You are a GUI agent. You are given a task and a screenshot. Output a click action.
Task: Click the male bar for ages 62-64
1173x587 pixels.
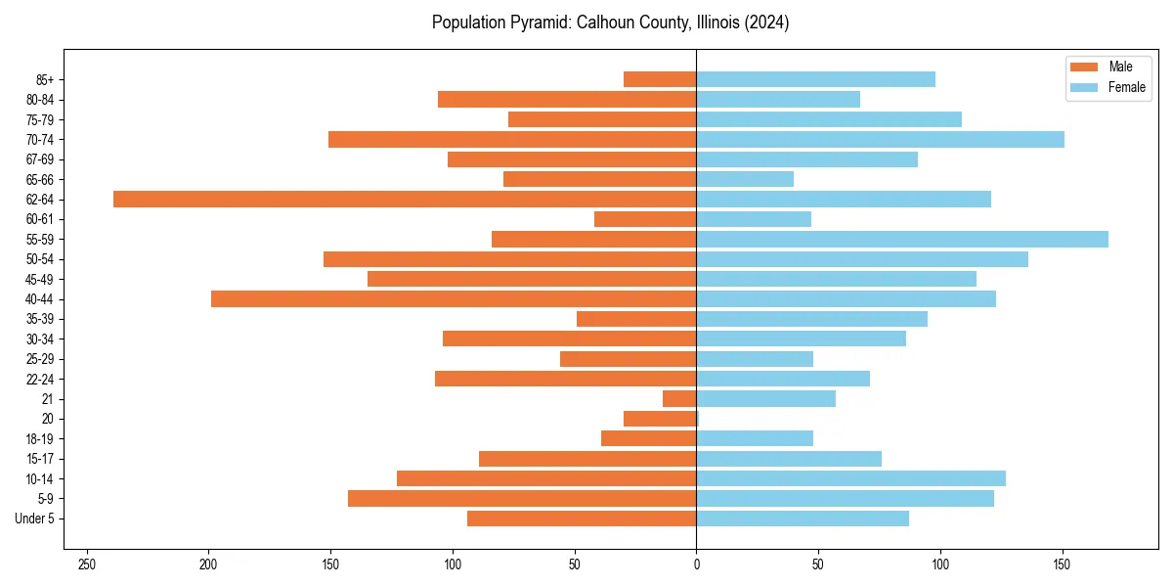coord(405,199)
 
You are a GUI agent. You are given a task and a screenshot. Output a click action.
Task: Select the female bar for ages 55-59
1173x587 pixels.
coord(902,239)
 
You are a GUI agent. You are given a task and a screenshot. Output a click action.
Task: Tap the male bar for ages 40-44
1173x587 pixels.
coord(454,298)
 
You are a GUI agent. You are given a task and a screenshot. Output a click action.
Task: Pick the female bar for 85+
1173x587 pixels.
coord(816,79)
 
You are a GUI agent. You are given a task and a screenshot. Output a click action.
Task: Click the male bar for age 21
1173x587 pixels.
coord(679,398)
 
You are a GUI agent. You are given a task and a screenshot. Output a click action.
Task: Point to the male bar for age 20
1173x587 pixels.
coord(660,419)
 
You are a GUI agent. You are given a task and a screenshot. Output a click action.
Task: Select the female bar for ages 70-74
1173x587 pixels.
coord(880,139)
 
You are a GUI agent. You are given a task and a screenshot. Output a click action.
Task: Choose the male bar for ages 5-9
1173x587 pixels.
coord(522,498)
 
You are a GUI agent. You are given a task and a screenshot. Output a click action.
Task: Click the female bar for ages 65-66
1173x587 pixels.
coord(745,179)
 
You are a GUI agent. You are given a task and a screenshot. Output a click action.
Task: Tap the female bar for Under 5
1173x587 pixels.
coord(803,519)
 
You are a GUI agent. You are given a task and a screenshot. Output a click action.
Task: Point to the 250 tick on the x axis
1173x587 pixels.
coord(87,564)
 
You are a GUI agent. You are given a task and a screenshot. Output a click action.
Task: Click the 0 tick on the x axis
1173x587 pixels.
coord(696,564)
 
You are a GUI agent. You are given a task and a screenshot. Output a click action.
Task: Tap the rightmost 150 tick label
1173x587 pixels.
coord(1062,564)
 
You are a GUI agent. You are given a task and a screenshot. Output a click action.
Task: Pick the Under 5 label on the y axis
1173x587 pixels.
coord(34,519)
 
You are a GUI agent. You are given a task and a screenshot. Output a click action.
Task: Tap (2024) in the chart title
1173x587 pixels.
coord(765,23)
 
